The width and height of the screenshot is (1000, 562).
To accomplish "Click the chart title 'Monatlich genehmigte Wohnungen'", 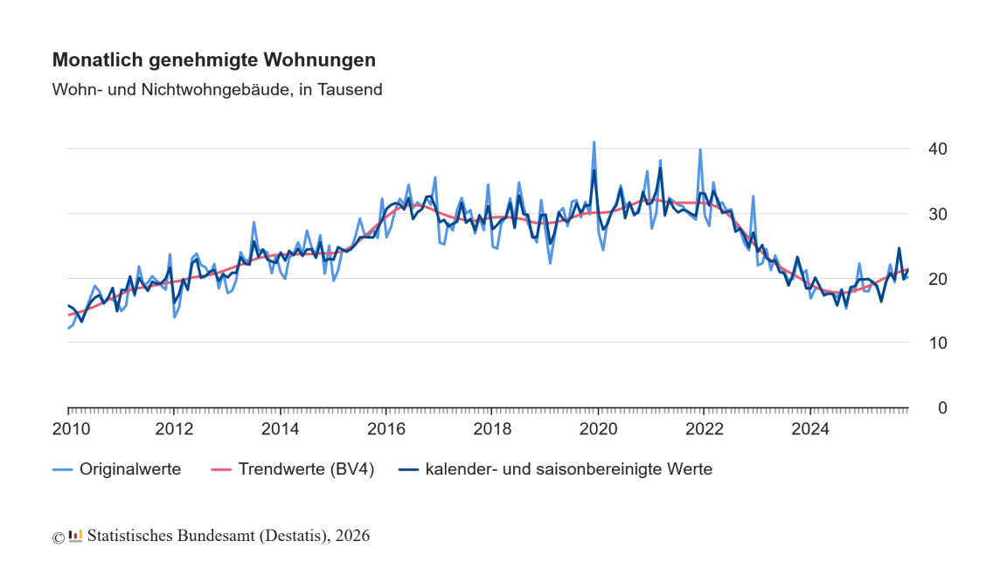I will click(214, 60).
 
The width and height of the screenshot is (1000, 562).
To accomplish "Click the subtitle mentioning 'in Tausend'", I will click(218, 89).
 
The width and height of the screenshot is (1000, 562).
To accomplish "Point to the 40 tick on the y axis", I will click(938, 149).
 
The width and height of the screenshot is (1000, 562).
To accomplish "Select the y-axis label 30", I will click(938, 214).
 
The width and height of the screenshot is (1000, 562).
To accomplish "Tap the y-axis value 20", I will click(938, 279).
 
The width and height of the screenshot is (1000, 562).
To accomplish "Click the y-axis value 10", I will click(938, 343).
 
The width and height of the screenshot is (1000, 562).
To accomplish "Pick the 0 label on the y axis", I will click(942, 408).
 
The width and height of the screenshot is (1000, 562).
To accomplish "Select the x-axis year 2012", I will click(174, 429).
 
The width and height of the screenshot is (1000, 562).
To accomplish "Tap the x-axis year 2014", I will click(280, 429).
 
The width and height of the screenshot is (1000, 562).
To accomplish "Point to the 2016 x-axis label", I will click(385, 429).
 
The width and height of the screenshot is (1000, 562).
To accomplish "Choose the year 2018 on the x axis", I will click(492, 429).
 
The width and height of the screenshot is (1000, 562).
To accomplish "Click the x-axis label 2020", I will click(598, 429).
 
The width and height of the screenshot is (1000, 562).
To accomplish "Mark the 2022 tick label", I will click(704, 429).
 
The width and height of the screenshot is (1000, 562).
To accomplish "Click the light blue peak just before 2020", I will click(594, 142).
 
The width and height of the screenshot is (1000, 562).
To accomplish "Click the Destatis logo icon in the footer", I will click(75, 535).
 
